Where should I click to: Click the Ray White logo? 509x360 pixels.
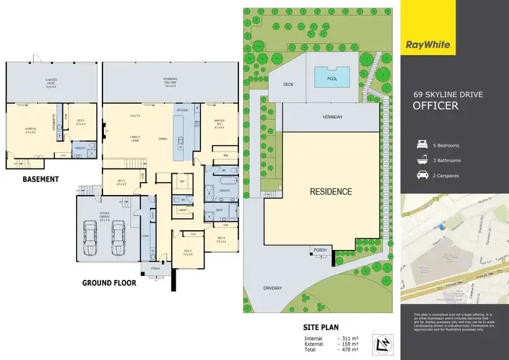[x=430, y=45]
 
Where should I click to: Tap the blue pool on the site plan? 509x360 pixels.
[x=331, y=78]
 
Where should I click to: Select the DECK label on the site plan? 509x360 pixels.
[x=293, y=85]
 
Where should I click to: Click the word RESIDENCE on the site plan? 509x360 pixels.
[x=331, y=192]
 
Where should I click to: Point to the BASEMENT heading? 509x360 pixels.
[x=41, y=179]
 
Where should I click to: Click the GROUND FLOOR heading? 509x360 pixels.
[x=109, y=283]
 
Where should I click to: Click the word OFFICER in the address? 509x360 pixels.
[x=436, y=106]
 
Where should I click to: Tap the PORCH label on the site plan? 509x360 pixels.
[x=320, y=251]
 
